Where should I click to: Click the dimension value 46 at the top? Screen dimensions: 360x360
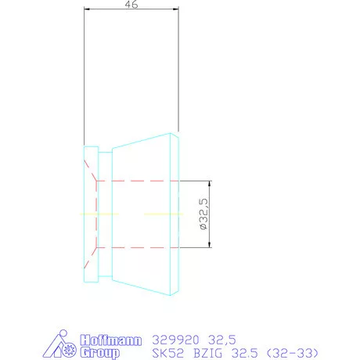click(x=132, y=5)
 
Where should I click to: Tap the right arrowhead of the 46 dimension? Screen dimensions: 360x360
click(x=177, y=10)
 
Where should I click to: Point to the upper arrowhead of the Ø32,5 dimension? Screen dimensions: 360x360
click(x=208, y=182)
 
